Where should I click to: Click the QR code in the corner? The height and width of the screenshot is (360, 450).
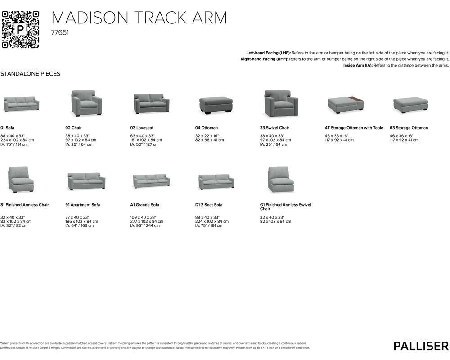(x=20, y=29)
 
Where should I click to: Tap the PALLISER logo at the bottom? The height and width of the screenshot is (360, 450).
(x=421, y=346)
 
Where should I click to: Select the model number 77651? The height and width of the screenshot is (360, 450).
(x=60, y=33)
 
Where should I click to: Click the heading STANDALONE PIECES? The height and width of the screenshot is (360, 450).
(x=31, y=74)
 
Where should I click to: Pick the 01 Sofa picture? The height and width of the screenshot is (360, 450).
(x=21, y=104)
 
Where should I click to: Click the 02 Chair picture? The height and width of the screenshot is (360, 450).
(x=86, y=103)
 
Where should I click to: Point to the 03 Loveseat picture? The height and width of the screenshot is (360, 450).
(x=151, y=104)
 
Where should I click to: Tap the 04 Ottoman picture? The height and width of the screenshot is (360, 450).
(x=216, y=105)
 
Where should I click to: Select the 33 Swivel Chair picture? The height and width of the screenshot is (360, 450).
(x=281, y=103)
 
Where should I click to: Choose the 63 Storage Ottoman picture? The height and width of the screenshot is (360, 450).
(x=410, y=104)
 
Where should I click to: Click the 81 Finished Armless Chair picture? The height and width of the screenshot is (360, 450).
(x=21, y=180)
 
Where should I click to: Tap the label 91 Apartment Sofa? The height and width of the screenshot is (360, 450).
(x=82, y=205)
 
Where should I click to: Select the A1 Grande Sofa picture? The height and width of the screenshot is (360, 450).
(x=151, y=181)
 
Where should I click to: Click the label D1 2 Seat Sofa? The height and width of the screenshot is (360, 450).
(x=209, y=205)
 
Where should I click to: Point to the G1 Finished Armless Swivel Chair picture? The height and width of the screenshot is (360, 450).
(x=281, y=180)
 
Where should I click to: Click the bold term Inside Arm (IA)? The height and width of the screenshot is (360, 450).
(x=359, y=65)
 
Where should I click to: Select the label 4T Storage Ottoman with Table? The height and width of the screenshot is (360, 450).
(x=354, y=128)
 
